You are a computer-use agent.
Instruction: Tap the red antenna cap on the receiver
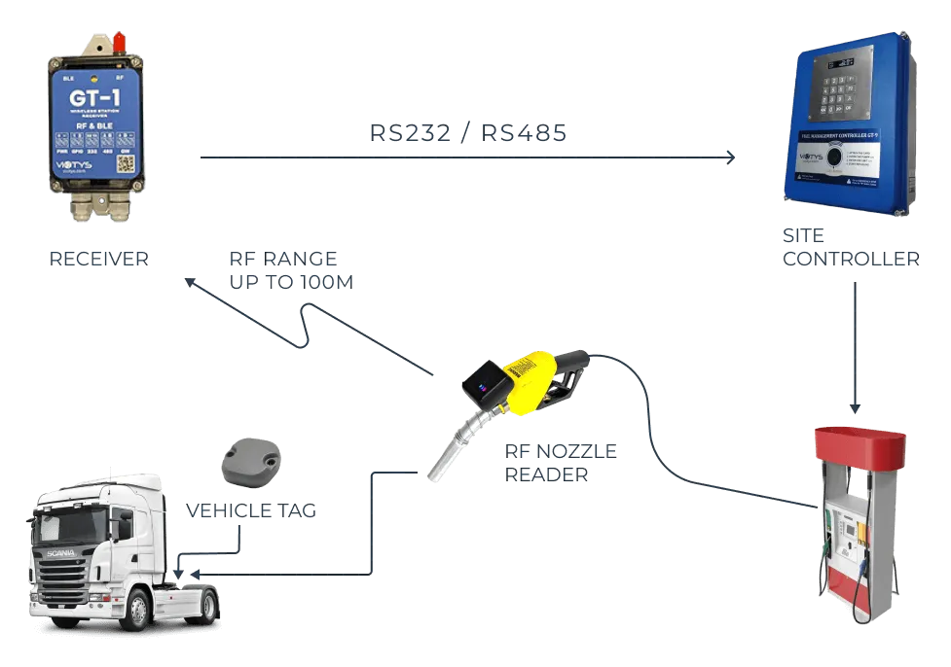pyautogui.click(x=119, y=42)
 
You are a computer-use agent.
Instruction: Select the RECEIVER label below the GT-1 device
pyautogui.click(x=96, y=261)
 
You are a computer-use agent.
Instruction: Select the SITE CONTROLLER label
pyautogui.click(x=851, y=251)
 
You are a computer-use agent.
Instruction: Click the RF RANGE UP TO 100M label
pyautogui.click(x=290, y=272)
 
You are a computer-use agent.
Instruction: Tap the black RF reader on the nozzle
pyautogui.click(x=488, y=385)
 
